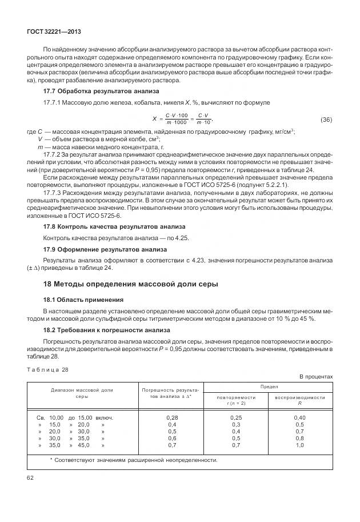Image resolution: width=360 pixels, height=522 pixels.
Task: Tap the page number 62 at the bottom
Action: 30,478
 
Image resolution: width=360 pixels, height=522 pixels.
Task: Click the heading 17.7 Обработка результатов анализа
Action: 101,91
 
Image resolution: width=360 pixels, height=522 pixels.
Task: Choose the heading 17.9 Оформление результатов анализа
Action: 105,249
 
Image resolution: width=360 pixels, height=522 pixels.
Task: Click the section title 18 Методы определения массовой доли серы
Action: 131,284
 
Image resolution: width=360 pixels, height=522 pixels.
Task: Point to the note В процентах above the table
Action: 317,376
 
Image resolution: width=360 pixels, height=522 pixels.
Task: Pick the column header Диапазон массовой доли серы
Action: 82,393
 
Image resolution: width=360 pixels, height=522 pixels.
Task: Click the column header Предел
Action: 269,387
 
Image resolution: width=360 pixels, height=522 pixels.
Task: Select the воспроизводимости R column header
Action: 299,400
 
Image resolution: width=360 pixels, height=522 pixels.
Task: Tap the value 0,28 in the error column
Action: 171,418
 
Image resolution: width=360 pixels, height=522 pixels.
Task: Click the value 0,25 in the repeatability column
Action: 236,418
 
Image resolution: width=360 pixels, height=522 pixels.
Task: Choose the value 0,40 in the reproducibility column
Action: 299,418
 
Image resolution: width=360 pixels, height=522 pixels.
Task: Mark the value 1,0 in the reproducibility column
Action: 299,445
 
